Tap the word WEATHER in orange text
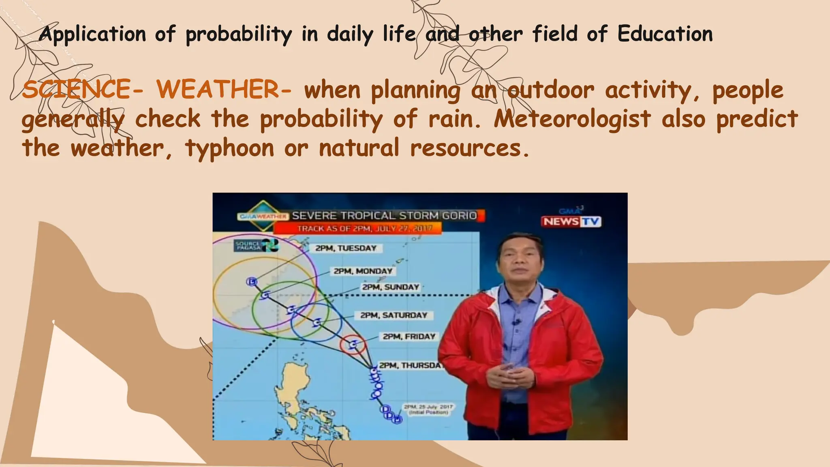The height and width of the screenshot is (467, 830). (218, 90)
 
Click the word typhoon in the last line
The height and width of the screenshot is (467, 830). (229, 148)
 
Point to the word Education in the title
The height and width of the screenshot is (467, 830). (665, 34)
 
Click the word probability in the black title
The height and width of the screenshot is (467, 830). (238, 34)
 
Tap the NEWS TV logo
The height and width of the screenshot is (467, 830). (571, 221)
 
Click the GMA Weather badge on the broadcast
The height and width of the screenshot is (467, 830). (263, 216)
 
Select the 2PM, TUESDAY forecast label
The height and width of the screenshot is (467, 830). (346, 248)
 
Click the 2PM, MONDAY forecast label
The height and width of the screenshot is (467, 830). (363, 271)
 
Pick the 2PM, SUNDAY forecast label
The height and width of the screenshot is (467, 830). (390, 287)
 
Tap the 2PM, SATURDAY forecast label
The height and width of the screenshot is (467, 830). (394, 315)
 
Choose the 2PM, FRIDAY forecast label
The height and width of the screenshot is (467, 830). (409, 336)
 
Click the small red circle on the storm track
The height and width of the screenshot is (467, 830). (353, 345)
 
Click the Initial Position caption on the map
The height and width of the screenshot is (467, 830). (428, 409)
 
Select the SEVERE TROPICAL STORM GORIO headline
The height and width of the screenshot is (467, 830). (384, 216)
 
